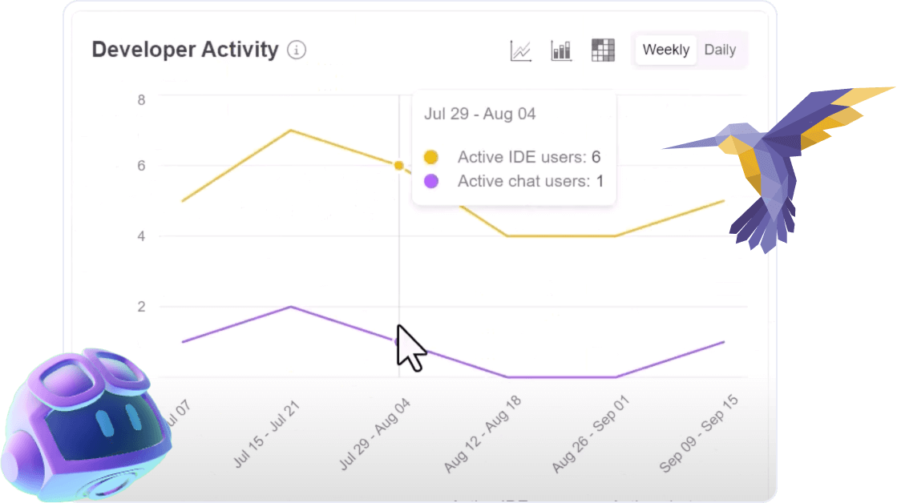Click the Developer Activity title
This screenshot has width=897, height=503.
pos(185,50)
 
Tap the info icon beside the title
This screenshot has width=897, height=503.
pos(297,50)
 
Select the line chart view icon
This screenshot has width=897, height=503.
pos(521,50)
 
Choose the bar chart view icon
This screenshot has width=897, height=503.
pos(561,50)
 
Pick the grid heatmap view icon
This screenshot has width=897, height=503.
pos(602,50)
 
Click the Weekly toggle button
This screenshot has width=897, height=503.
pos(665,50)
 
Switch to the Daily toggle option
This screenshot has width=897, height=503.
pos(720,50)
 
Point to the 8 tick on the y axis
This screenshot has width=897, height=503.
pos(141,100)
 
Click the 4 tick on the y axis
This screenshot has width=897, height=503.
pos(141,236)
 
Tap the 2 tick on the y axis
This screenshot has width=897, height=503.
pos(141,307)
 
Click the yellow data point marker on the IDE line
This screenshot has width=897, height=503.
pos(398,166)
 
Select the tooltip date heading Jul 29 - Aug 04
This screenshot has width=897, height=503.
pos(480,114)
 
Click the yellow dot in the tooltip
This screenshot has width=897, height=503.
pos(431,157)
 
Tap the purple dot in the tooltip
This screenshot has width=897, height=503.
pos(431,181)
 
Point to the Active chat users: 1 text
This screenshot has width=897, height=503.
pos(530,181)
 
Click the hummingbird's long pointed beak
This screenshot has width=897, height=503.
pos(689,145)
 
